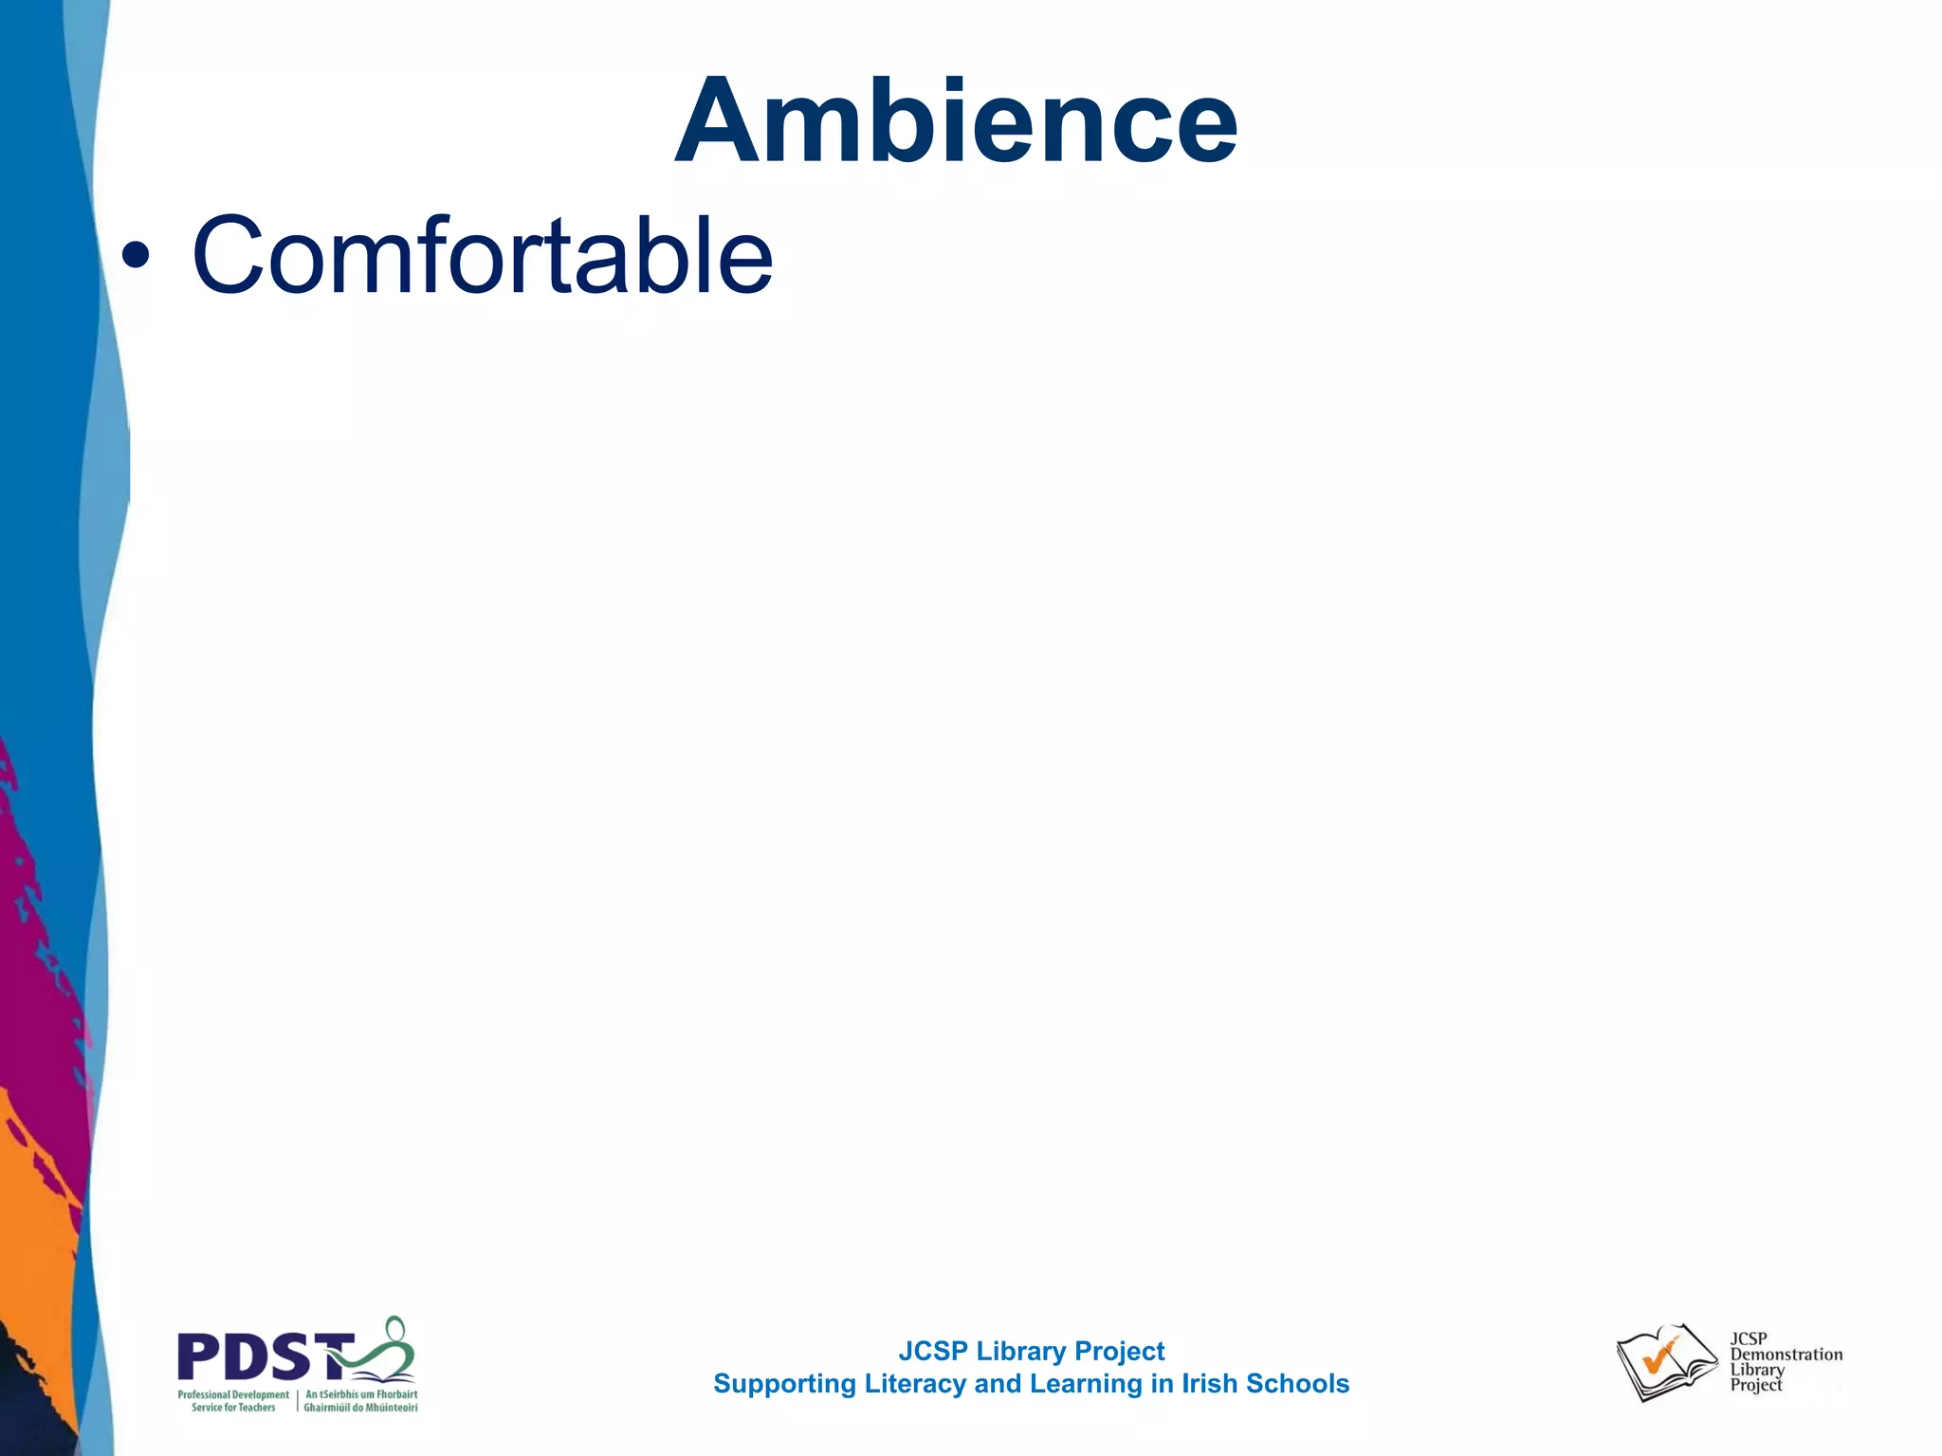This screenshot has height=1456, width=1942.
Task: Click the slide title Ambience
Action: point(956,121)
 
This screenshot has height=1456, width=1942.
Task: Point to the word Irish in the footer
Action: point(1209,1384)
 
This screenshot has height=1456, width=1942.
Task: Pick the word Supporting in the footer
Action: point(784,1385)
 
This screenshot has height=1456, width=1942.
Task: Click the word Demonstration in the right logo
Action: point(1786,1355)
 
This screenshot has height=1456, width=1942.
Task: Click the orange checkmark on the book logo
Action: point(1659,1357)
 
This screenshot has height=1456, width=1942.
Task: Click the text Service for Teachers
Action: point(233,1408)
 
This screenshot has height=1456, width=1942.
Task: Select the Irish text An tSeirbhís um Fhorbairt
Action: point(361,1394)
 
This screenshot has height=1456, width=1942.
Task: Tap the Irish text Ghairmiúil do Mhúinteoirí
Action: point(360,1408)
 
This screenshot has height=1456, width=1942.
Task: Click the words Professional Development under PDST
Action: point(233,1394)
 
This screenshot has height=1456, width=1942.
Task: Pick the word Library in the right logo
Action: point(1757,1370)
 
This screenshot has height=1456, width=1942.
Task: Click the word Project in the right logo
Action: point(1756,1385)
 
